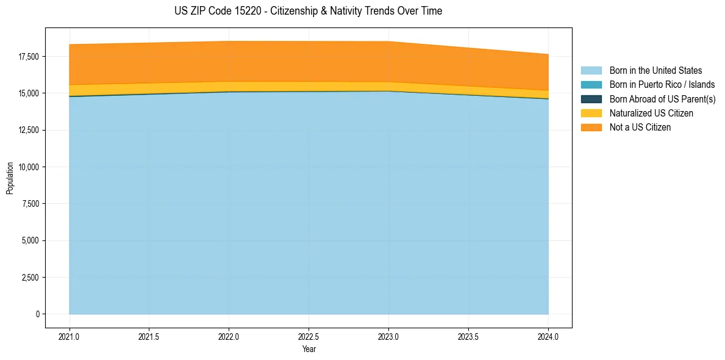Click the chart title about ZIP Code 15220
[308, 11]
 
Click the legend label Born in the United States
[655, 71]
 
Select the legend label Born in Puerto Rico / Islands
[662, 85]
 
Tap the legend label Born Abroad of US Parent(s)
[662, 99]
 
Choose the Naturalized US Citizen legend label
[651, 113]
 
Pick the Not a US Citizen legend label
[640, 128]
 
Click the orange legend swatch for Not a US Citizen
[591, 128]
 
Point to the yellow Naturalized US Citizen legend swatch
[591, 113]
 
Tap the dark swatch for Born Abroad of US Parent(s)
[591, 99]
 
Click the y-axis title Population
[10, 178]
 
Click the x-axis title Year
[309, 350]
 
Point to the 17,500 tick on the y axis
[29, 57]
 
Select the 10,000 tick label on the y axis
[29, 167]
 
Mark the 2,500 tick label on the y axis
[30, 278]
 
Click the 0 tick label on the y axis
[37, 314]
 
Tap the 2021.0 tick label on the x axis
[70, 336]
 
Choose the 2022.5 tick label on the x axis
[309, 336]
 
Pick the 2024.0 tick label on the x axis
[548, 336]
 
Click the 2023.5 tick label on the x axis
[468, 336]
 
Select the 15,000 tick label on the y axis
[29, 93]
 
